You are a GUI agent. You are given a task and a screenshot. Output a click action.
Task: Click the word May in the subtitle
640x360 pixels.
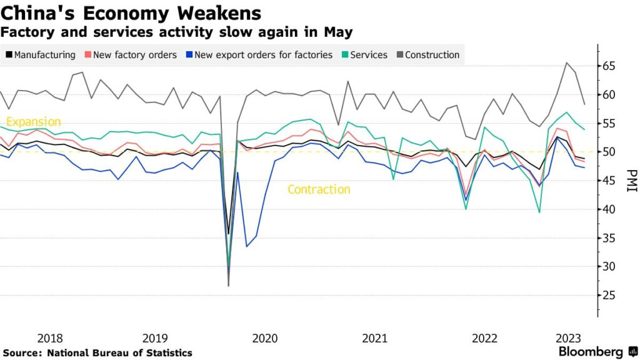pos(339,31)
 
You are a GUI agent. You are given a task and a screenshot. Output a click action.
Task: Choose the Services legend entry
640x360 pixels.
pos(368,55)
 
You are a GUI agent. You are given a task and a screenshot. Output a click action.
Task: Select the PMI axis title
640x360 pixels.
pos(632,181)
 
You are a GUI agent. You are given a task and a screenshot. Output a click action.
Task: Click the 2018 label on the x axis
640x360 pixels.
pos(49,338)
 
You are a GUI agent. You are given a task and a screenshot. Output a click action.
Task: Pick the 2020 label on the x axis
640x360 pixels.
pos(264,338)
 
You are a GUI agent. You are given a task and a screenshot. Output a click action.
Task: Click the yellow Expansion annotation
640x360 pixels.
pos(33,122)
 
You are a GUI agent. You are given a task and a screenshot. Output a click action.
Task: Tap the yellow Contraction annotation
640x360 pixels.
pos(319,189)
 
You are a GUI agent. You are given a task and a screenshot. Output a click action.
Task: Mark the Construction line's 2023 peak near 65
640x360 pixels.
pos(566,62)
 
